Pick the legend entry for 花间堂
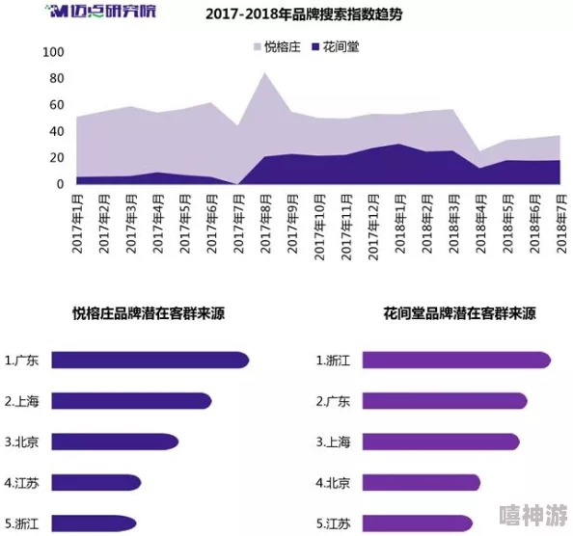[335, 45]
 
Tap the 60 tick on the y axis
[57, 105]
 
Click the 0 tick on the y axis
[60, 184]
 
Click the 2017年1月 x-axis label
[78, 224]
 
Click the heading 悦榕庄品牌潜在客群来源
[149, 313]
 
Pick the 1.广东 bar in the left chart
[150, 361]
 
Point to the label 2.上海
[22, 401]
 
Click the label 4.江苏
[22, 483]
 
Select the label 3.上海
[335, 442]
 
